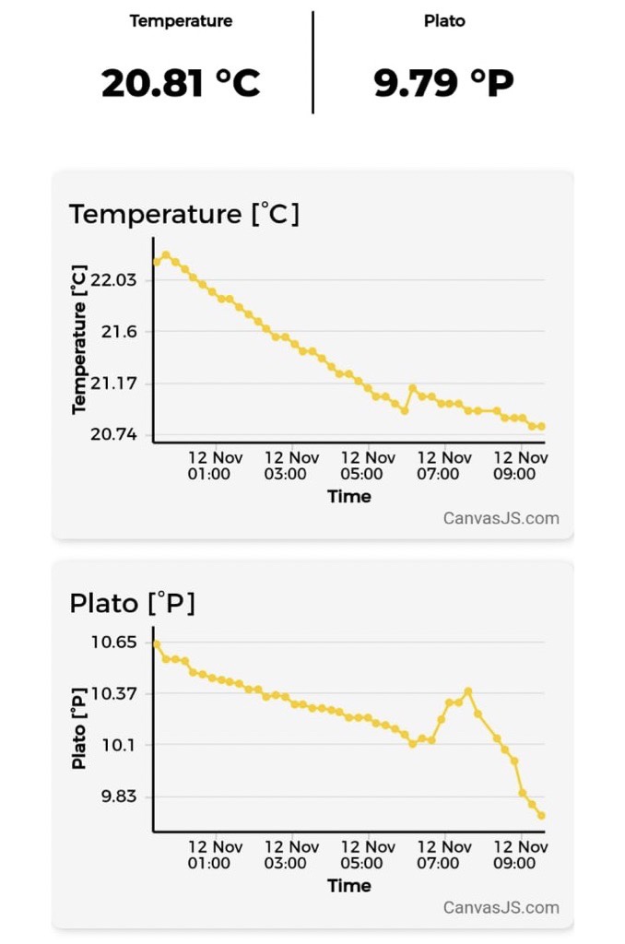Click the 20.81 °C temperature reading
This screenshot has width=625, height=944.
click(181, 83)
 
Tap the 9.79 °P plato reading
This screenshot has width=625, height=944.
click(443, 83)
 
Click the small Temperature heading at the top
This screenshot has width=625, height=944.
click(181, 20)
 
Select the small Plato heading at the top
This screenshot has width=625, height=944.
click(444, 20)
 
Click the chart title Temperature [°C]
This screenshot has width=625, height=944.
click(184, 214)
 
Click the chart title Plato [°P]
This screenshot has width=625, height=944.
click(132, 604)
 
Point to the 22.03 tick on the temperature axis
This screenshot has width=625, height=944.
click(113, 279)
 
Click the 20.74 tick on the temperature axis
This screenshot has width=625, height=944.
click(113, 434)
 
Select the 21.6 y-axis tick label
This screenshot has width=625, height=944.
click(119, 331)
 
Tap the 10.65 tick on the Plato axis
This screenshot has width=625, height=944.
click(113, 642)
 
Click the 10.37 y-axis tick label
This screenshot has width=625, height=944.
click(113, 693)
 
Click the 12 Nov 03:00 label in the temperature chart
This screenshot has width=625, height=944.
click(290, 466)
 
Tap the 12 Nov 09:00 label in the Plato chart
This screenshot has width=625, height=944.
click(520, 855)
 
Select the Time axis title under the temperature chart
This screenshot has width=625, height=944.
click(349, 497)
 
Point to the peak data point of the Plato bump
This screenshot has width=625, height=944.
click(468, 690)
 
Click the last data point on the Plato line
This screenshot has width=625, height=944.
click(542, 815)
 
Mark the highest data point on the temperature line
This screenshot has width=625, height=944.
click(166, 254)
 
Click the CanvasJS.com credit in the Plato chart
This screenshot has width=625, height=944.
click(501, 907)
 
